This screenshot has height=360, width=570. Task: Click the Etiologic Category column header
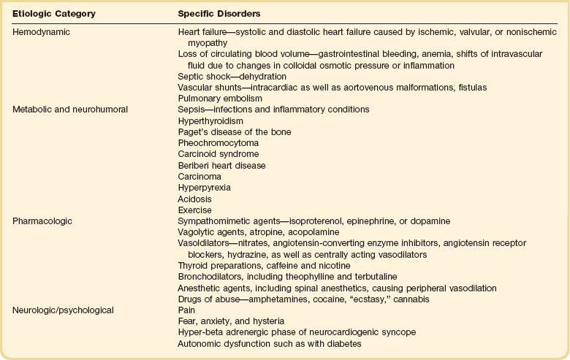click(x=50, y=13)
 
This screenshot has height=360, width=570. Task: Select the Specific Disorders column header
click(x=217, y=13)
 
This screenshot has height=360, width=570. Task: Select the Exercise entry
click(x=194, y=210)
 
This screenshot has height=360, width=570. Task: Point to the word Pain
click(x=187, y=310)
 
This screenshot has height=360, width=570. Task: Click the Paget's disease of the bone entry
click(x=224, y=131)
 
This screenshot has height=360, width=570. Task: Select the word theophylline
click(x=303, y=277)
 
